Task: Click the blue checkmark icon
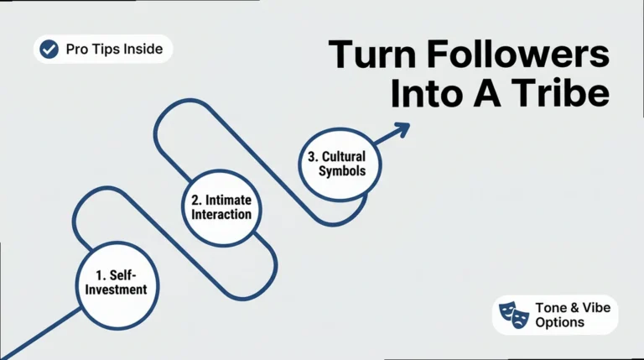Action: pos(49,50)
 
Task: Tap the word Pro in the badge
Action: pos(77,49)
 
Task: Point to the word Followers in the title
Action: pos(519,54)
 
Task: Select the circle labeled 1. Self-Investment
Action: pos(117,285)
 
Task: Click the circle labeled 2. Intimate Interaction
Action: pos(221,208)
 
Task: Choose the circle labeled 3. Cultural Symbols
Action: pos(340,164)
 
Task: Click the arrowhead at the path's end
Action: pos(402,130)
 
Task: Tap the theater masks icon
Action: pos(514,315)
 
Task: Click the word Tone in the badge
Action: pos(550,307)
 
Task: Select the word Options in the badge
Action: pos(560,322)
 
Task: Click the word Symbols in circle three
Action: pos(342,171)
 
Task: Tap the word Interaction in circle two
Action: pos(221,214)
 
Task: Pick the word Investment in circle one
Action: pos(116,290)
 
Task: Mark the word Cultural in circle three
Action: pos(344,157)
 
